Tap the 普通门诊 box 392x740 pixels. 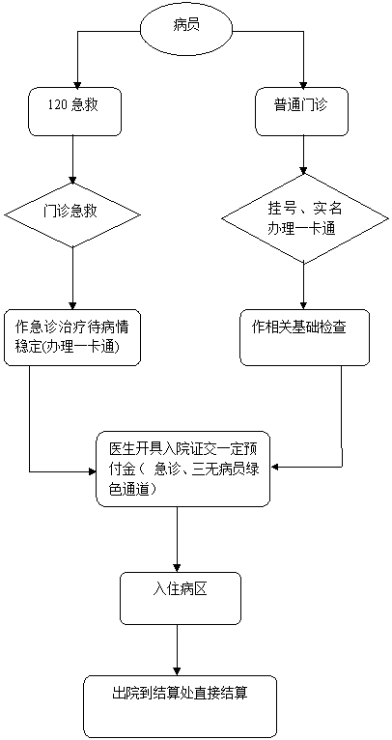click(x=303, y=111)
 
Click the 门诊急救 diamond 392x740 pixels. click(x=72, y=214)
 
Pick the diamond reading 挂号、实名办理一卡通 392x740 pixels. click(x=303, y=219)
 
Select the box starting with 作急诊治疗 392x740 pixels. click(x=72, y=337)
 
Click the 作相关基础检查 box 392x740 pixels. click(x=304, y=337)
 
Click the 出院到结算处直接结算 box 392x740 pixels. click(x=180, y=706)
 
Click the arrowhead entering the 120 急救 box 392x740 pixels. click(x=77, y=82)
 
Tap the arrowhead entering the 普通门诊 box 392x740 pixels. click(x=304, y=82)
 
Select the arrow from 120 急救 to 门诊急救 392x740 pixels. click(x=72, y=159)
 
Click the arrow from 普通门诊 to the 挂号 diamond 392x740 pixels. click(x=304, y=155)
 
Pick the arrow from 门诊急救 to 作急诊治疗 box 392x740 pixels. click(x=72, y=278)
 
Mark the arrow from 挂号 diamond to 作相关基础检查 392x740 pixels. click(x=304, y=287)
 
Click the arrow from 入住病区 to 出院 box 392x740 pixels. click(x=178, y=649)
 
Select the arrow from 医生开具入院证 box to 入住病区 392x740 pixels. click(x=178, y=539)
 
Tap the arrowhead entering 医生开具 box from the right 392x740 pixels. click(x=276, y=468)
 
